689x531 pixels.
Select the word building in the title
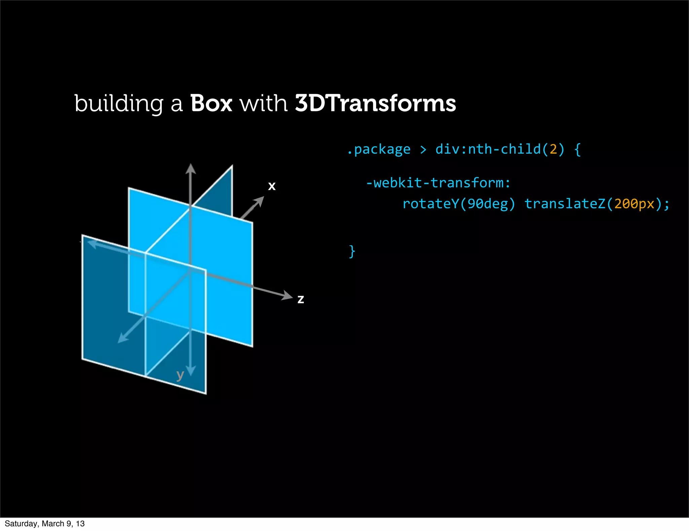pos(118,104)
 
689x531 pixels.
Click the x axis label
pos(272,186)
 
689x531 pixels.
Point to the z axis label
pos(301,299)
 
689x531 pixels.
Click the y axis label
pos(180,375)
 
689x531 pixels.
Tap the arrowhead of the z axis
pos(287,296)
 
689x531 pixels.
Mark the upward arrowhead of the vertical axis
pos(191,168)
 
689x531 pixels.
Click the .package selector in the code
pos(379,149)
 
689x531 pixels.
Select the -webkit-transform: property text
pos(438,183)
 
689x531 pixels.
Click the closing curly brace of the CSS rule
pos(352,251)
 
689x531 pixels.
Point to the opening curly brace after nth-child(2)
pos(578,149)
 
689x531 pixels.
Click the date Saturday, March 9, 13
pos(45,524)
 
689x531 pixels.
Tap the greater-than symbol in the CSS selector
pos(423,149)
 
